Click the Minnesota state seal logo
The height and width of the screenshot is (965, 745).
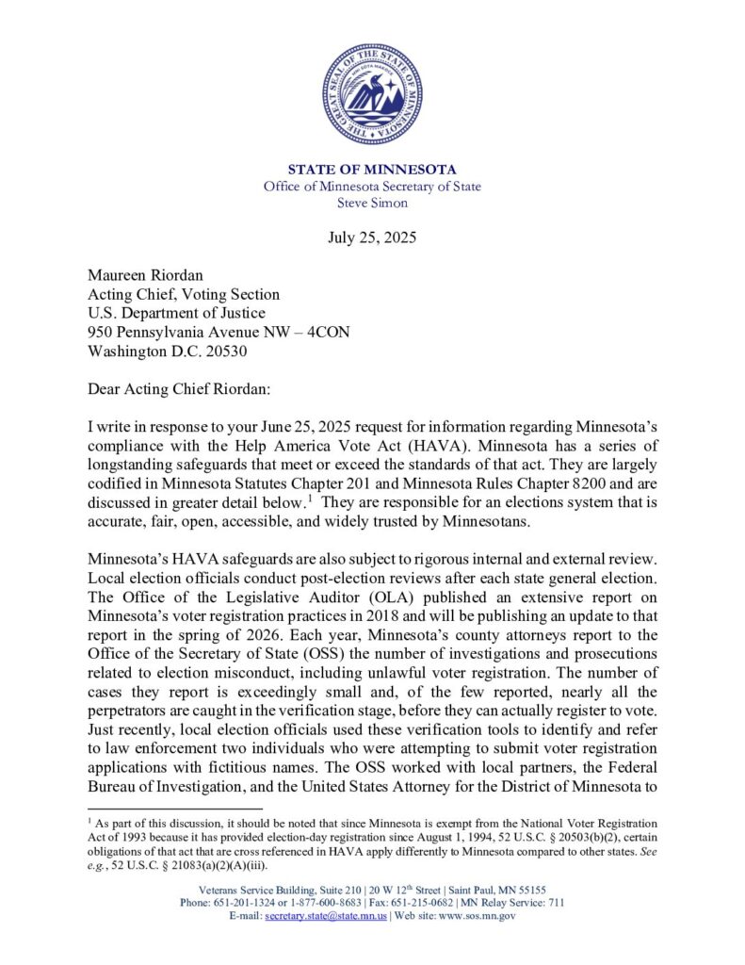[372, 93]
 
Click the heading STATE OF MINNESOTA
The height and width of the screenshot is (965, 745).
[372, 170]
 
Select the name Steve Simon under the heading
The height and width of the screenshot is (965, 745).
[372, 203]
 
